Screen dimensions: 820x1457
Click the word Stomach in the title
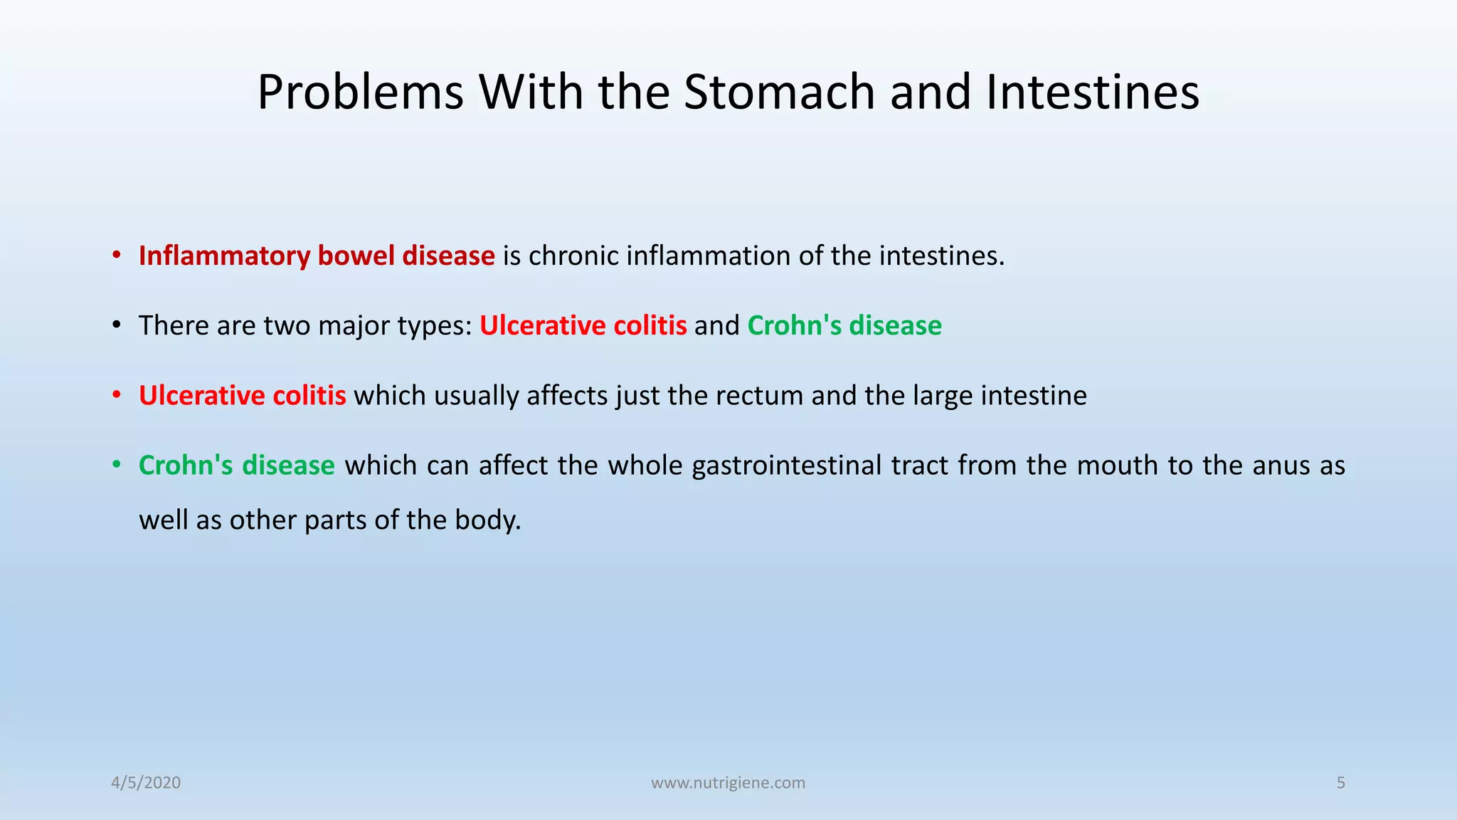click(779, 93)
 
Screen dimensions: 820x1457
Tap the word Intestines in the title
click(1093, 93)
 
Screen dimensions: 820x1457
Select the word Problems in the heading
click(360, 93)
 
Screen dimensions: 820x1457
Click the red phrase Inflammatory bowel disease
click(317, 256)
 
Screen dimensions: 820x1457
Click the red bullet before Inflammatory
click(116, 256)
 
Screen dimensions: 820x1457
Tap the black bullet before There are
click(116, 326)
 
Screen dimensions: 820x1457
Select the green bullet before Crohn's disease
click(116, 466)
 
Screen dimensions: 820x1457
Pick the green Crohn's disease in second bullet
click(844, 325)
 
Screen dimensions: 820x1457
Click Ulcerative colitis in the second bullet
click(583, 325)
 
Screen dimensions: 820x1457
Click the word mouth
click(1116, 466)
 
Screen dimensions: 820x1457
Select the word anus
click(1281, 466)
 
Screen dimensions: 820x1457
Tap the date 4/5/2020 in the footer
click(146, 783)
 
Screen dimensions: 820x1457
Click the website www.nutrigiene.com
click(728, 783)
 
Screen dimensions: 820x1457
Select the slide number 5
click(1341, 783)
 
